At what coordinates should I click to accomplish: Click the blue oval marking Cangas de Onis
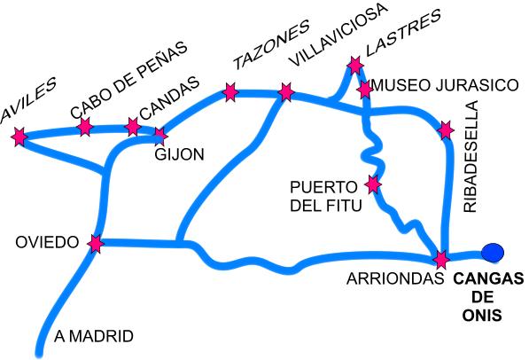coord(493,253)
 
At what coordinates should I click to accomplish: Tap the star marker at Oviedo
coord(96,243)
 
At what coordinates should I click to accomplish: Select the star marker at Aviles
coord(19,137)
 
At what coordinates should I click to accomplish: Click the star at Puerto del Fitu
coord(373,184)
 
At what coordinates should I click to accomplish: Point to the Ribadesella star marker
coord(446,130)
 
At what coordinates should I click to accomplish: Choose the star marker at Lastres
coord(355,66)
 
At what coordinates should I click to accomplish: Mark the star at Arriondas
coord(441,260)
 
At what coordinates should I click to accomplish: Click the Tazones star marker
coord(230,92)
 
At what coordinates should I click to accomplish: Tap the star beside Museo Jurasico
coord(365,90)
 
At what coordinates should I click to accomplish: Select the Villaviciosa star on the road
coord(286,92)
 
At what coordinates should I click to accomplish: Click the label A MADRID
coord(94,336)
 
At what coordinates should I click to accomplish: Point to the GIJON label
coord(180,154)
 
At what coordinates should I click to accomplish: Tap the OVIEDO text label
coord(47,242)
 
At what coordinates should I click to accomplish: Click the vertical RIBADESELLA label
coord(471,156)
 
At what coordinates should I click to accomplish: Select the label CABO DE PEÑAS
coord(128,80)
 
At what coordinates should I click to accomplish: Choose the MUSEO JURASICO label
coord(445,85)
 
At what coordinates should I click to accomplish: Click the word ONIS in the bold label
coord(482,316)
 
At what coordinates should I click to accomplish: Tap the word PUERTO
coord(323,187)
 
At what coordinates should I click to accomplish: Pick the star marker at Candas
coord(133,127)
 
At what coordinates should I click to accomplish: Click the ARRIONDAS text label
coord(395,278)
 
